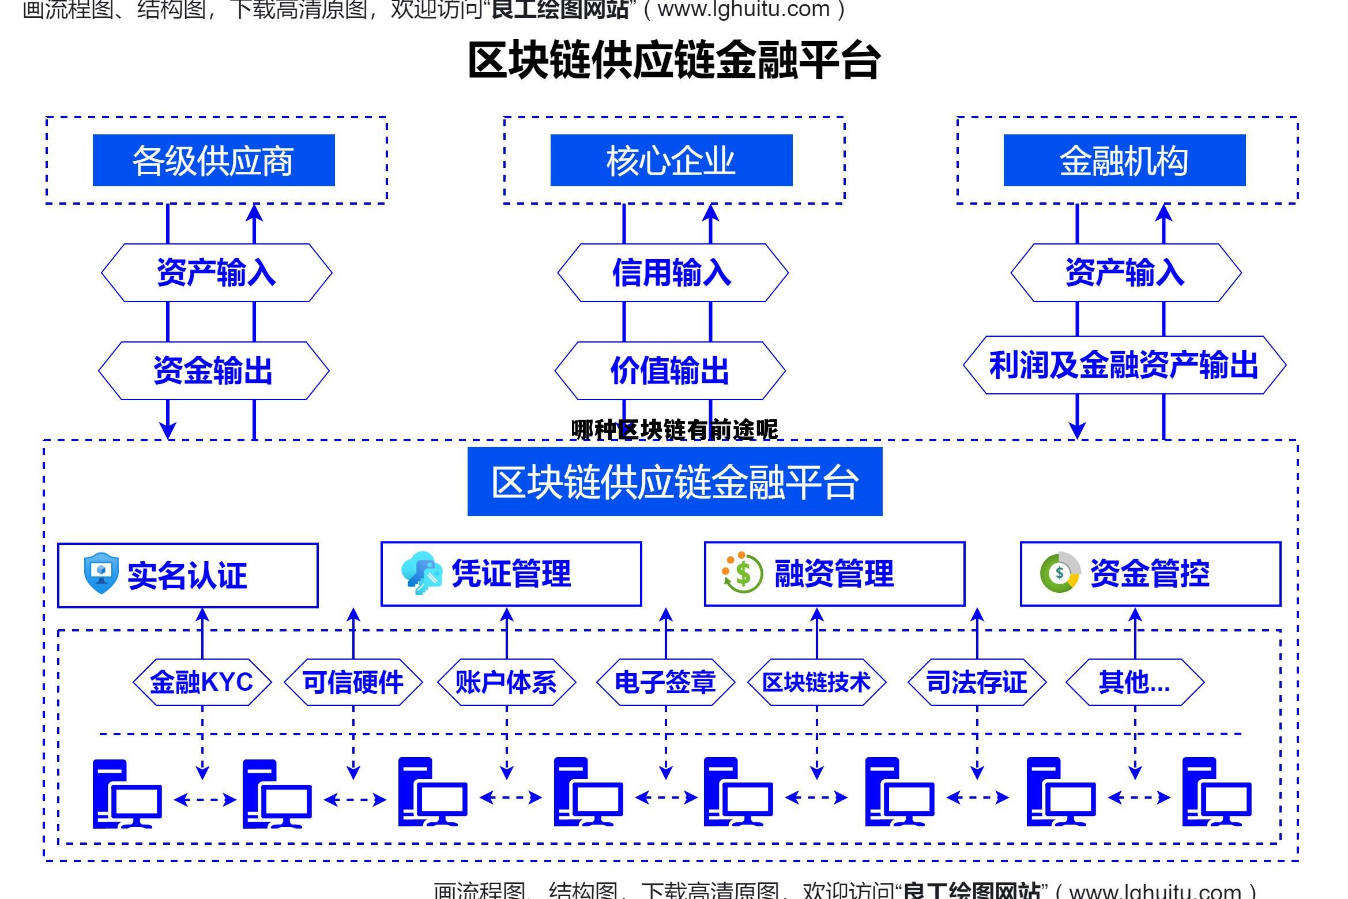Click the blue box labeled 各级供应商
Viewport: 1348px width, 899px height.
click(213, 160)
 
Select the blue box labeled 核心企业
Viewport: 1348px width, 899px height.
click(671, 160)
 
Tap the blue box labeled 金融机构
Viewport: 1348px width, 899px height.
click(1124, 160)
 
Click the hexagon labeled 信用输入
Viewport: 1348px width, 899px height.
click(672, 273)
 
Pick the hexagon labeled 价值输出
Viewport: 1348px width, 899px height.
click(670, 371)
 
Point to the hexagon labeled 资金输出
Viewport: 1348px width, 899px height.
click(213, 371)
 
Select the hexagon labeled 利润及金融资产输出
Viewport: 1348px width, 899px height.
click(1124, 365)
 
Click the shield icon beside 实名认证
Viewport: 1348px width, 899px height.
click(101, 573)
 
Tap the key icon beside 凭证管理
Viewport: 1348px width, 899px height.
click(421, 573)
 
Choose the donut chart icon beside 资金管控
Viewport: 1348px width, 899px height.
click(1060, 572)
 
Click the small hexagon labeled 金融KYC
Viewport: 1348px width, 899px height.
click(202, 682)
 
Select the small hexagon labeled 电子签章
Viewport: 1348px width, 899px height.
click(665, 682)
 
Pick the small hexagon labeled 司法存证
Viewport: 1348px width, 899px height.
click(977, 682)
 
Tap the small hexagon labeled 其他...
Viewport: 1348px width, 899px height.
click(1135, 682)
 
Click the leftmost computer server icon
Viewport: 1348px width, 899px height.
click(127, 793)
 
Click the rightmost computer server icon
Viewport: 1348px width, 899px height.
click(1217, 792)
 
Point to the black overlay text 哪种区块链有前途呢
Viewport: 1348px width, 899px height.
click(674, 430)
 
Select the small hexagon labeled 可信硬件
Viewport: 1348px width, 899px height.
click(353, 682)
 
